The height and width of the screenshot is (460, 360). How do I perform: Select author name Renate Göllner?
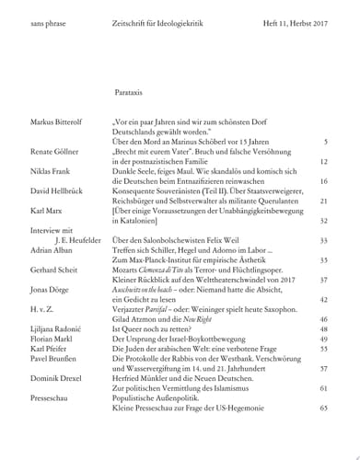59,150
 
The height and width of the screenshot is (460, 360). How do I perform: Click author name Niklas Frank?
53,171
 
